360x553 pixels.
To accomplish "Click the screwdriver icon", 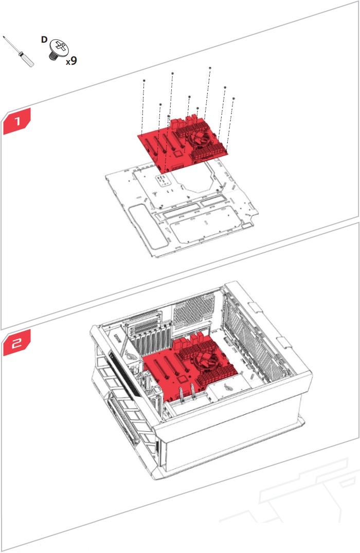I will tap(19, 52).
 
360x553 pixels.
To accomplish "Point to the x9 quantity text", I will tap(71, 61).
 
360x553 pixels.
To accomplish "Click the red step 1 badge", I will tap(16, 122).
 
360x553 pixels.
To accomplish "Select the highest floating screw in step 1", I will tap(210, 68).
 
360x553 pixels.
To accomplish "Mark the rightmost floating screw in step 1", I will tap(234, 98).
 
